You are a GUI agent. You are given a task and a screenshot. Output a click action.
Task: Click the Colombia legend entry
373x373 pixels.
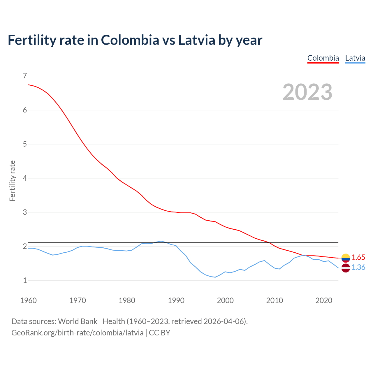tap(323, 58)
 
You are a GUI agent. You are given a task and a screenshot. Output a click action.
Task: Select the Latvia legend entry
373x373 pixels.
tap(355, 58)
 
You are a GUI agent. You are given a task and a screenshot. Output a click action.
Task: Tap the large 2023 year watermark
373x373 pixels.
tap(307, 92)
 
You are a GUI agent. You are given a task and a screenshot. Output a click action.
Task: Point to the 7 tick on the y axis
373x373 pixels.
tap(25, 76)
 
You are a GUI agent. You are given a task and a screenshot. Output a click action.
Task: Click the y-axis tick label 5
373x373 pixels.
tap(25, 144)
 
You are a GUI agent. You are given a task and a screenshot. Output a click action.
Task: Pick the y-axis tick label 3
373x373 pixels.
tap(25, 212)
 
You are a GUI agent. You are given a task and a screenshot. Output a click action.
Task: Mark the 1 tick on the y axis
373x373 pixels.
tap(25, 280)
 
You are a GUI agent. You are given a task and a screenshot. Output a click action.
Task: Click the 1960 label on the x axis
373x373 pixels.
tap(28, 300)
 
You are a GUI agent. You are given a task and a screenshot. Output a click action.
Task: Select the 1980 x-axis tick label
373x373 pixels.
tap(127, 300)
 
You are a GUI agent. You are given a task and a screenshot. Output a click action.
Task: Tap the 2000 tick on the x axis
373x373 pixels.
tap(225, 300)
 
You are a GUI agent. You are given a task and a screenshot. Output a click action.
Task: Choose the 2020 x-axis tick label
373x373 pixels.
tap(324, 300)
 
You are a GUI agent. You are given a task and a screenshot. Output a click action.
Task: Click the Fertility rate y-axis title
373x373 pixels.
tap(12, 181)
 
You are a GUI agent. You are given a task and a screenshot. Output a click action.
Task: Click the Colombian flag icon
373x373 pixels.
tap(346, 258)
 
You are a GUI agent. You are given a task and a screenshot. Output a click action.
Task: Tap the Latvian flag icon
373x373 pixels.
tap(346, 268)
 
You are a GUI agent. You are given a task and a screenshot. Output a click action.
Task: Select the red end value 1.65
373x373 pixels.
tap(358, 258)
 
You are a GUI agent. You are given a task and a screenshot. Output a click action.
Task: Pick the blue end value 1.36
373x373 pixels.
tap(358, 268)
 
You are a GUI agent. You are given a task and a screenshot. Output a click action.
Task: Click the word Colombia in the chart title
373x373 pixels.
tap(130, 40)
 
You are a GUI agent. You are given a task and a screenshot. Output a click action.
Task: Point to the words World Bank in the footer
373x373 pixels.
tap(78, 321)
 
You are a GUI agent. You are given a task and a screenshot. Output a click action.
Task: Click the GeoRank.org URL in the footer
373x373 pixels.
tap(77, 333)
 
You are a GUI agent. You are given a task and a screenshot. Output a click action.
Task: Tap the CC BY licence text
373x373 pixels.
tap(159, 333)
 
